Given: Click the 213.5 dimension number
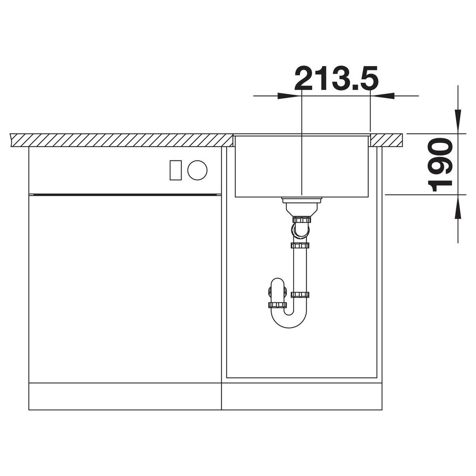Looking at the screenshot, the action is (x=336, y=78).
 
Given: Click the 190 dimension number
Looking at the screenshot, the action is (x=440, y=165).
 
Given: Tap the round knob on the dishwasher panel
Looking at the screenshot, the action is (x=197, y=170).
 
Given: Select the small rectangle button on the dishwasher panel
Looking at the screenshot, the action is (x=175, y=170).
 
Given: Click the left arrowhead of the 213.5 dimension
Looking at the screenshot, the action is (x=287, y=96).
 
